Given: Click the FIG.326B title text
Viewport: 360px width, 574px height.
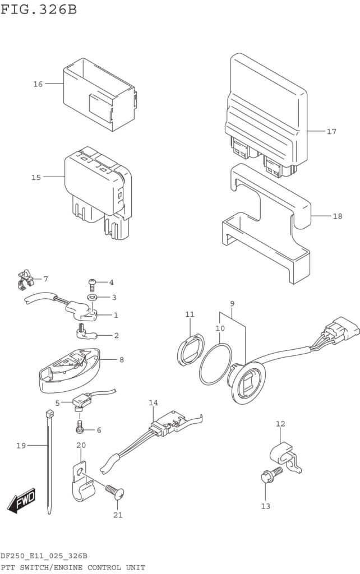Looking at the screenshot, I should (x=39, y=10).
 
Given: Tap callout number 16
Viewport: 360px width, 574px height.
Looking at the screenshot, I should (x=38, y=84).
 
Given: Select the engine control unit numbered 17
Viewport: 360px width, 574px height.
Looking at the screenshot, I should (x=266, y=112).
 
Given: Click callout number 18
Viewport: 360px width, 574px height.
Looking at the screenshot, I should (x=337, y=216).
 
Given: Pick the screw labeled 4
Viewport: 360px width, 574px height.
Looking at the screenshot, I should (x=93, y=284).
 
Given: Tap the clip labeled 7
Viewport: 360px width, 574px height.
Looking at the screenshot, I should (x=24, y=279).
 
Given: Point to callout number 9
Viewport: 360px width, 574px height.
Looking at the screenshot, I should (x=232, y=303).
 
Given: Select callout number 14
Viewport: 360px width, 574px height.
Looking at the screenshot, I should (x=154, y=403).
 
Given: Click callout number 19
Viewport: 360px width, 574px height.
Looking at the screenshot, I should (x=21, y=446).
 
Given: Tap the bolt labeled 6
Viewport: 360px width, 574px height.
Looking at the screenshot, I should (x=80, y=429).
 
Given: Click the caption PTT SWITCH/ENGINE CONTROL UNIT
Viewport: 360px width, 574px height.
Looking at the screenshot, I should (x=73, y=567).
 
